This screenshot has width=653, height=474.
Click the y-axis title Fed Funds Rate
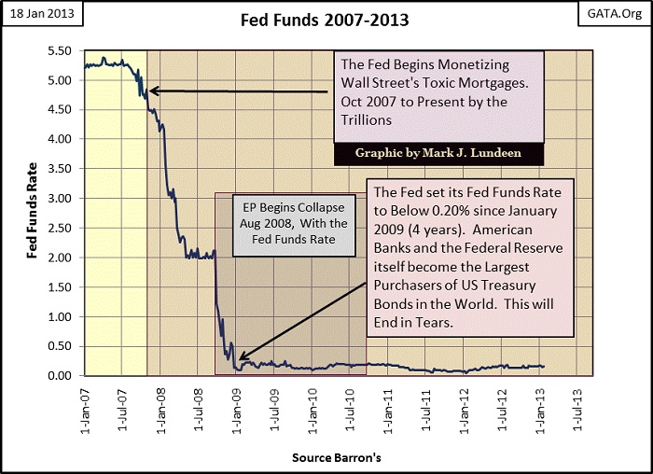click(32, 213)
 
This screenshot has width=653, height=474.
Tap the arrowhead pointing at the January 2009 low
click(240, 357)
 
